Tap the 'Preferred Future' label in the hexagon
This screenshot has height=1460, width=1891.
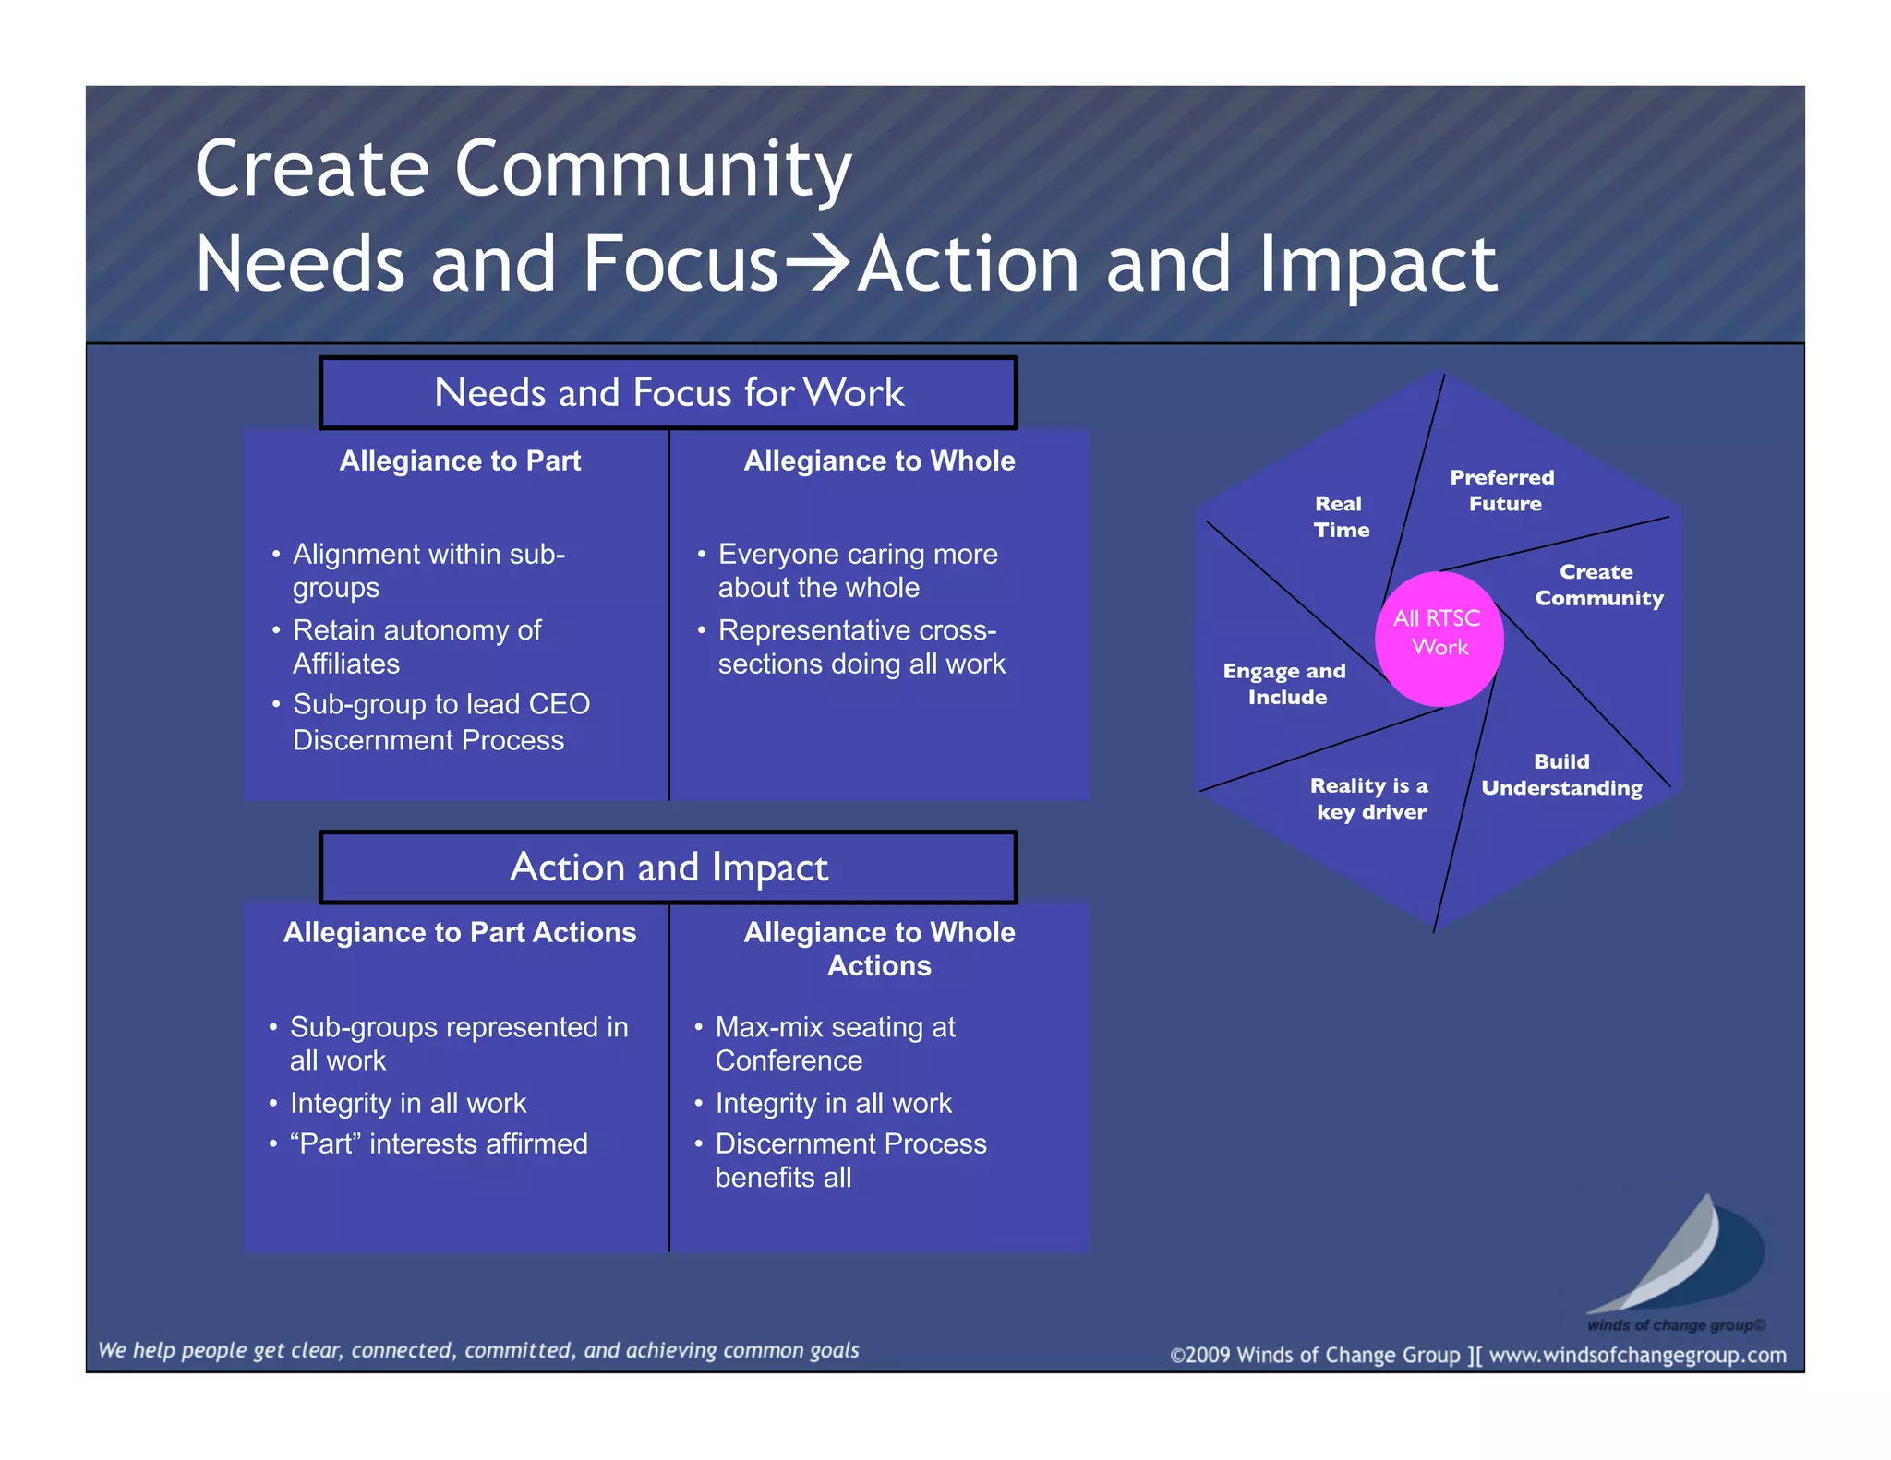pos(1502,490)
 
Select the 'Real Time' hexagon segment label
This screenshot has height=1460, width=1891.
pos(1341,517)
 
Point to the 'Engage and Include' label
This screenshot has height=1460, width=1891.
pos(1284,684)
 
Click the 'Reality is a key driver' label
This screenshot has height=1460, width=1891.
pos(1369,798)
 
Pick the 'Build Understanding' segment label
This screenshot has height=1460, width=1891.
pos(1561,774)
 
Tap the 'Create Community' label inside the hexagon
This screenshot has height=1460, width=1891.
pos(1598,585)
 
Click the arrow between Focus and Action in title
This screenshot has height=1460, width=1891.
pos(818,264)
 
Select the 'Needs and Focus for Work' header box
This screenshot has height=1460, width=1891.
pos(668,393)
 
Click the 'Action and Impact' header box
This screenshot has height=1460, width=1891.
pos(668,868)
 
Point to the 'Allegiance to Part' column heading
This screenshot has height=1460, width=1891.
pos(460,461)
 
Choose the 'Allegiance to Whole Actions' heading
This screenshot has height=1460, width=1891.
pos(879,949)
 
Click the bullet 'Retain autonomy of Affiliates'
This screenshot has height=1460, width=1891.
pos(416,647)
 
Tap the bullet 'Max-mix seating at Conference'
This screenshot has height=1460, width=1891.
pos(835,1044)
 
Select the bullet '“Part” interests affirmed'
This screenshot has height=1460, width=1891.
pos(439,1144)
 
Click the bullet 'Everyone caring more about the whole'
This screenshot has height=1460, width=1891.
pos(857,570)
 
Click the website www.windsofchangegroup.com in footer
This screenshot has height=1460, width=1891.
pos(1637,1355)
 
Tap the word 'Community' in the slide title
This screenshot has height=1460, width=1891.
pos(653,169)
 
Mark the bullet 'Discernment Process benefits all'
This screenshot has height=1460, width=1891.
pos(849,1161)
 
